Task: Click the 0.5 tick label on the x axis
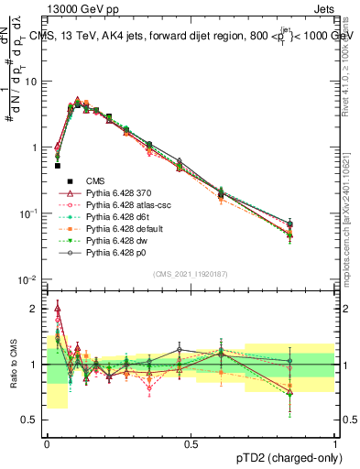click(191, 443)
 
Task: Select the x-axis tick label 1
click(335, 443)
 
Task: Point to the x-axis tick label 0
click(47, 443)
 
